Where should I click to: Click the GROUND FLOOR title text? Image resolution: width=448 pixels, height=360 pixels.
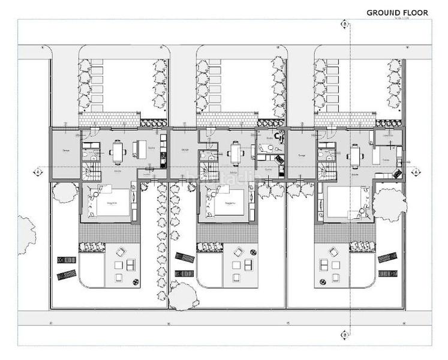[397, 13]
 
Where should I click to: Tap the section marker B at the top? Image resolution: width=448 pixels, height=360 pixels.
[345, 24]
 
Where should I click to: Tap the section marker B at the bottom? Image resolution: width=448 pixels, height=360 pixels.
[345, 334]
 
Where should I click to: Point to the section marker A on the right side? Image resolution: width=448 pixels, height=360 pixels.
[414, 172]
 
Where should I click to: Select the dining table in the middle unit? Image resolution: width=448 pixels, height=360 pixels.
[236, 153]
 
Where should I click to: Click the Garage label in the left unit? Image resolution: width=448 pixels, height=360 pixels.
[65, 150]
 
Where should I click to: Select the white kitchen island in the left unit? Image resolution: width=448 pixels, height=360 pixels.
[140, 148]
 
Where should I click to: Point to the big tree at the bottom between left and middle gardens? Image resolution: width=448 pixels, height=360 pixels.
[183, 296]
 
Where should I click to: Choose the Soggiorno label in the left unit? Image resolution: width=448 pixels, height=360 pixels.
[112, 204]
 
